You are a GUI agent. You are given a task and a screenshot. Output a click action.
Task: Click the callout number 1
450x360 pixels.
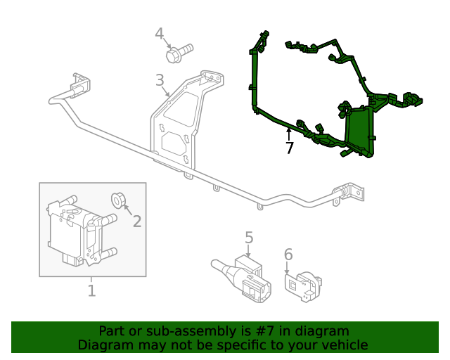click(x=91, y=290)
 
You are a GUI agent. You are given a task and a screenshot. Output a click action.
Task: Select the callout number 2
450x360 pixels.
click(x=137, y=221)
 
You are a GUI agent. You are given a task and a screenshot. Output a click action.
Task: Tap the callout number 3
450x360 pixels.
click(x=160, y=80)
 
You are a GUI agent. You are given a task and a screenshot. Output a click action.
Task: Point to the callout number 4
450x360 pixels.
click(x=160, y=34)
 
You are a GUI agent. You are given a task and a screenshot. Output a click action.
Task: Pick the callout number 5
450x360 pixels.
click(x=249, y=238)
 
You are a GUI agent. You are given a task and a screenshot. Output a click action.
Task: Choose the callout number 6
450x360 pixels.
click(x=288, y=255)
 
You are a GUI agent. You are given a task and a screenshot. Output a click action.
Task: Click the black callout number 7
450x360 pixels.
click(x=289, y=148)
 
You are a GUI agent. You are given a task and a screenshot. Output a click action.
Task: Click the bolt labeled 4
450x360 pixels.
click(x=179, y=52)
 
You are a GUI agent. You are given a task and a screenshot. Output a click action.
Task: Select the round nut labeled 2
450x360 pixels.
click(x=118, y=200)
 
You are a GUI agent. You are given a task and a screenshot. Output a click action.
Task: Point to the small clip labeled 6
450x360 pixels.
click(x=302, y=285)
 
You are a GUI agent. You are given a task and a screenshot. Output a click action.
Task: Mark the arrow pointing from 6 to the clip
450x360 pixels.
click(x=287, y=268)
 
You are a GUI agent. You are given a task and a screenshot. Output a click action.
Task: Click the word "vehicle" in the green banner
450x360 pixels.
click(x=344, y=345)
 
